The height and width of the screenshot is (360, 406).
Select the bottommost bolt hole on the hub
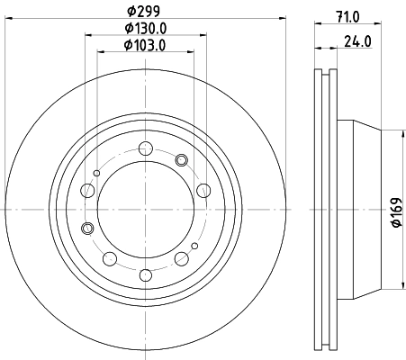click(146, 274)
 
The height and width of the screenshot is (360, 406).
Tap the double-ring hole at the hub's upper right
click(181, 160)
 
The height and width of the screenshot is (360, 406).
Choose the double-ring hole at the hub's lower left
click(87, 229)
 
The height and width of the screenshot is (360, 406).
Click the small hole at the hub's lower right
click(195, 246)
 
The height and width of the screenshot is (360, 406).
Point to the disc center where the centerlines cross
click(146, 211)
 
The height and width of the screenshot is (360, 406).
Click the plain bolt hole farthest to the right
click(203, 190)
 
